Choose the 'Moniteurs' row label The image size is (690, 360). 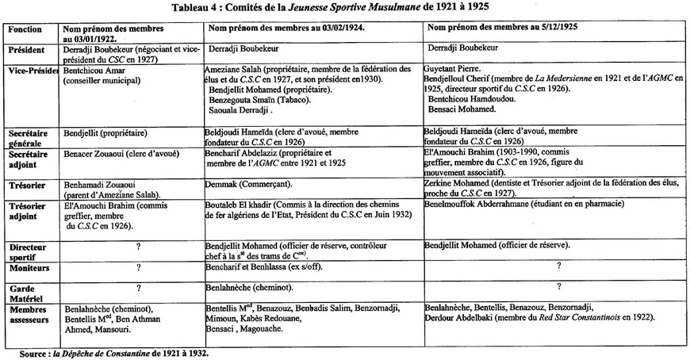pos(29,269)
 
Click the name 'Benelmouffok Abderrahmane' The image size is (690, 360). pos(489,204)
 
